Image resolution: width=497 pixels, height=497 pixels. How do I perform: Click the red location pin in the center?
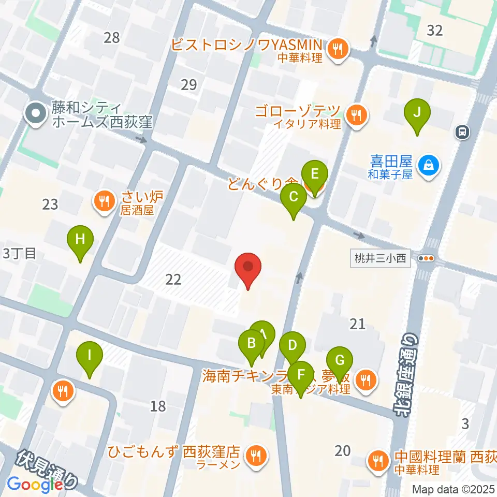click(x=248, y=268)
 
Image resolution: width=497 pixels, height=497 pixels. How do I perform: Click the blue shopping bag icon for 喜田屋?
click(x=429, y=166)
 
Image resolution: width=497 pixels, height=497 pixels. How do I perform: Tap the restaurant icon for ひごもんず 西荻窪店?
click(x=255, y=456)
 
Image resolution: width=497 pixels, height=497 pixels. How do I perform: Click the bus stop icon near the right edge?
click(x=462, y=133)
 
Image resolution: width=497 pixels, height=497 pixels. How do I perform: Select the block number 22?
click(x=173, y=280)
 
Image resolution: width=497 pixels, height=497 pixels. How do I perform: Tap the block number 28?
click(x=111, y=37)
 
